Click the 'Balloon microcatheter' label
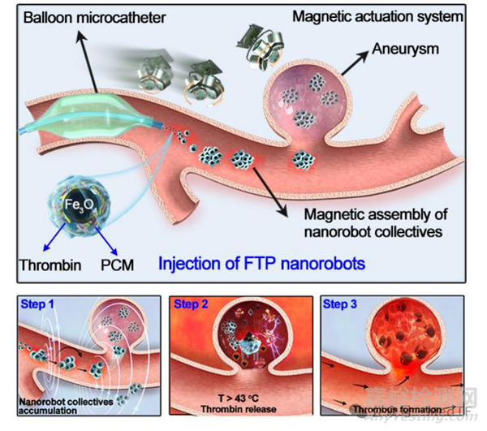(x=95, y=16)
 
